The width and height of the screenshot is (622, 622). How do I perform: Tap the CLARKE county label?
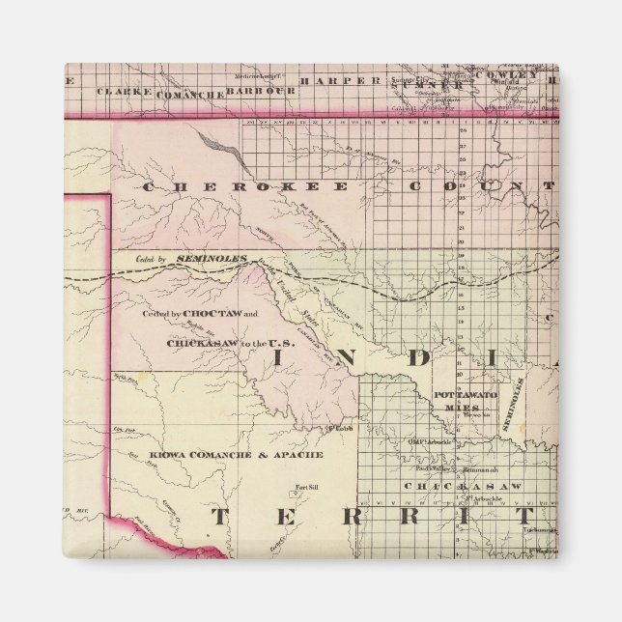[x=125, y=92]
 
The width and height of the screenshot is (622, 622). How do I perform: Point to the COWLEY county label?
[x=514, y=75]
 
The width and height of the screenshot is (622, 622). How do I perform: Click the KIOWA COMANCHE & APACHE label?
[x=237, y=453]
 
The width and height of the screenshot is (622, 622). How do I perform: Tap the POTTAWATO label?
[x=465, y=396]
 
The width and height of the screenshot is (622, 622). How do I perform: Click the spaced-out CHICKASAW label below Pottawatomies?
[x=463, y=486]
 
